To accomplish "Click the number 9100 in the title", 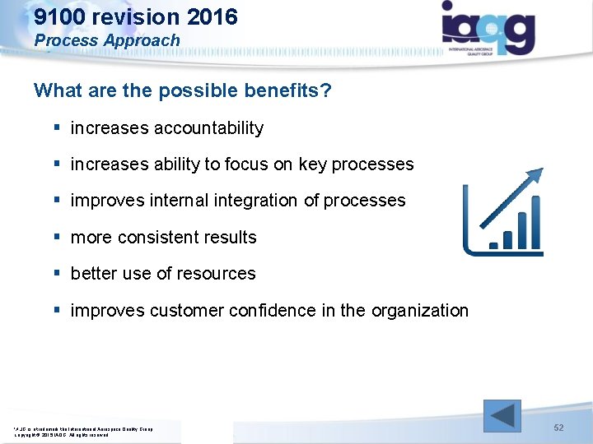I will point(59,16).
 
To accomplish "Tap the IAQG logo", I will point(488,26).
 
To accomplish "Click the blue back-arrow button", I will point(502,415).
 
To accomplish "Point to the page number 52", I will point(558,428).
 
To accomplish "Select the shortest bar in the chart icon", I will point(494,244).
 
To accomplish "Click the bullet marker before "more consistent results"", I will point(56,238).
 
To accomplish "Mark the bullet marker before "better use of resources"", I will point(56,274).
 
